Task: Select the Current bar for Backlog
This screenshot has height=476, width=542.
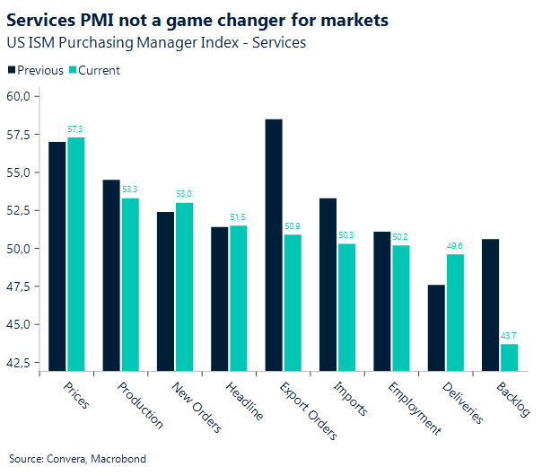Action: (509, 357)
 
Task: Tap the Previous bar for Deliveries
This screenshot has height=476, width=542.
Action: (436, 327)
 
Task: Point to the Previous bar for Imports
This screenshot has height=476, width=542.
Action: (328, 284)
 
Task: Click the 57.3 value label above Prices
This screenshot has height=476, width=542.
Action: (76, 130)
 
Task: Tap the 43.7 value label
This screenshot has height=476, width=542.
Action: (509, 337)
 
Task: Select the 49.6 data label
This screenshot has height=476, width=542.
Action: (455, 247)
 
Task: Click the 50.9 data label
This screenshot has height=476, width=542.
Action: (293, 227)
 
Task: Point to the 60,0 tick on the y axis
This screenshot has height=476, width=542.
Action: (19, 96)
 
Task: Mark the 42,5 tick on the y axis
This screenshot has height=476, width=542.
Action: (19, 363)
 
